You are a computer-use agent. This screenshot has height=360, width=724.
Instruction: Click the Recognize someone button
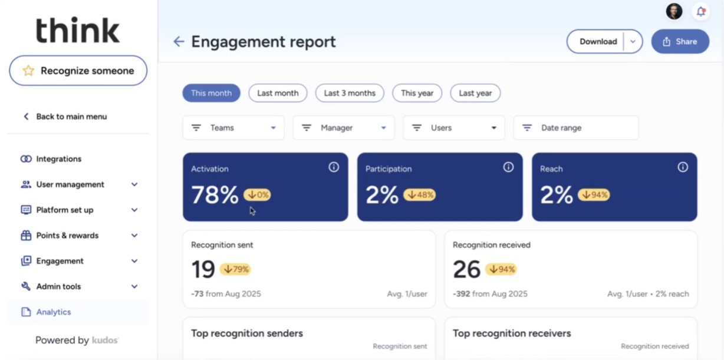click(78, 71)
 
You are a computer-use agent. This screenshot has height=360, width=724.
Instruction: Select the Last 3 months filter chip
click(350, 93)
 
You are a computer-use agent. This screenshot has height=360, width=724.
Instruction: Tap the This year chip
click(417, 93)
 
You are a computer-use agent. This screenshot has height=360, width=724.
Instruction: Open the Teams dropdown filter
click(233, 128)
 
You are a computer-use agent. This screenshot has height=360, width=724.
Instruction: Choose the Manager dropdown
click(344, 128)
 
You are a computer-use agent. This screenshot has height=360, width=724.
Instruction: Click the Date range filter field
click(576, 128)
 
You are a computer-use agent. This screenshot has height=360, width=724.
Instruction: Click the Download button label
click(598, 42)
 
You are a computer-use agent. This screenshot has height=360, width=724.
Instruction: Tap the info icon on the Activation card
click(334, 167)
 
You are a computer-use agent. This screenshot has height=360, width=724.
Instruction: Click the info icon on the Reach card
click(683, 167)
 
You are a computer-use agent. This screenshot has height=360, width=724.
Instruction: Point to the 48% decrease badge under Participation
click(420, 194)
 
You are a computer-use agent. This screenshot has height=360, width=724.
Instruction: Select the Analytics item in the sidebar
click(54, 312)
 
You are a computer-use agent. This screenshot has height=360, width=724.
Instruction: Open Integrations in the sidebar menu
click(58, 159)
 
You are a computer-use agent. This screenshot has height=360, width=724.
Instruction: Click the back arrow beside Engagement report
click(179, 42)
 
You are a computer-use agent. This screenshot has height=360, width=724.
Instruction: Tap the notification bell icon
click(700, 11)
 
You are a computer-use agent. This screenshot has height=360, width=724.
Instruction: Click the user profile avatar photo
click(674, 11)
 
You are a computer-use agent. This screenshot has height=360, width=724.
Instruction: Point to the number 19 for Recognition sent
click(203, 269)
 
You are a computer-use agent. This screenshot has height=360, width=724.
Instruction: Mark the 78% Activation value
click(215, 195)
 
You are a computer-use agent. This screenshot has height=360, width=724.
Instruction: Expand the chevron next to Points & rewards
click(134, 236)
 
